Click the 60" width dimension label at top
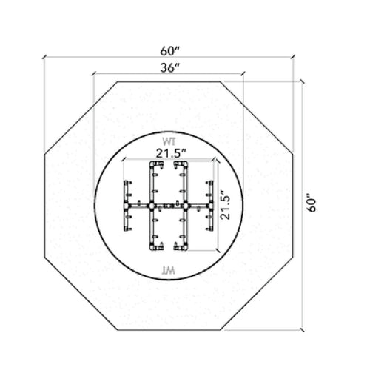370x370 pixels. click(x=169, y=51)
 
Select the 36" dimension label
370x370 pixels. click(x=169, y=67)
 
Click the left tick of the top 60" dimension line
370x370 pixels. click(x=44, y=58)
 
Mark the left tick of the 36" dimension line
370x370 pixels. click(x=94, y=74)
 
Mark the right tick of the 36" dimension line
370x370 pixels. click(x=243, y=74)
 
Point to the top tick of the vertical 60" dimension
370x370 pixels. click(x=303, y=79)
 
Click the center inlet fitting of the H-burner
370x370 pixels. click(x=169, y=205)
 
